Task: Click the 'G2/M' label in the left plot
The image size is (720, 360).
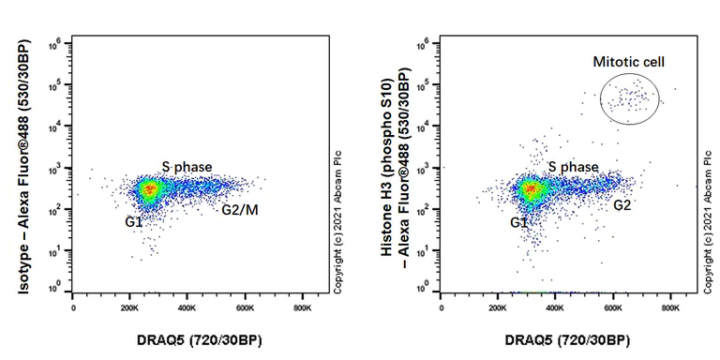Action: (x=240, y=209)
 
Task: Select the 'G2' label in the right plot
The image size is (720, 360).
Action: (x=623, y=202)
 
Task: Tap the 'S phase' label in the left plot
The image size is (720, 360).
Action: (x=186, y=166)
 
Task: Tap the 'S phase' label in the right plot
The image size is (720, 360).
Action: (x=574, y=167)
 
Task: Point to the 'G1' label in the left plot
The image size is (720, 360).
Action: (x=133, y=221)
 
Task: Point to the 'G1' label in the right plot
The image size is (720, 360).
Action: (x=520, y=223)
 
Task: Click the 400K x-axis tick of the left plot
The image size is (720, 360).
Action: (x=187, y=308)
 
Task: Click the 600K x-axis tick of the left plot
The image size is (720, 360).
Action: (x=245, y=308)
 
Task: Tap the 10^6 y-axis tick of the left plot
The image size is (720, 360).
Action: (x=56, y=42)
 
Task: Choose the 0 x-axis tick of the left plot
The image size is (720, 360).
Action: (x=73, y=308)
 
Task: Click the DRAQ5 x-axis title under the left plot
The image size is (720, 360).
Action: (x=187, y=338)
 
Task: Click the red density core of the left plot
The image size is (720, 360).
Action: (x=149, y=189)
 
